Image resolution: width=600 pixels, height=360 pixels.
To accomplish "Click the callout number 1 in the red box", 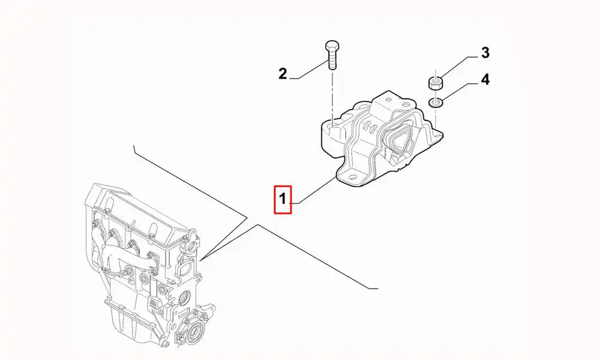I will click(283, 199).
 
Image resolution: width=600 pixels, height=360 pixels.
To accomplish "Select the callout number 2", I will click(283, 74).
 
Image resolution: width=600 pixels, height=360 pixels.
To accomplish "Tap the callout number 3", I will click(485, 53).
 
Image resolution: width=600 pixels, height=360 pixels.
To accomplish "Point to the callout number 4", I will click(485, 79).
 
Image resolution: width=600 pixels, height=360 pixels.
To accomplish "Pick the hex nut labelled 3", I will click(436, 82).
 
